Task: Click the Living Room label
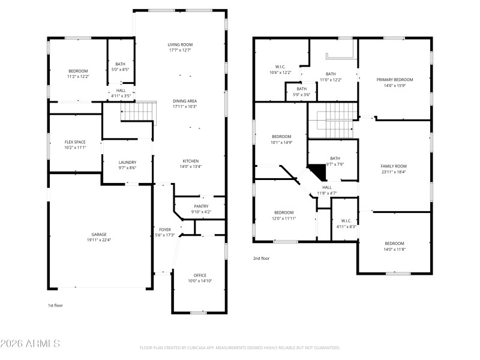(179, 44)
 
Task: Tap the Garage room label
(99, 235)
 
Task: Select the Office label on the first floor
(200, 275)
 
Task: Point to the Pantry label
(201, 206)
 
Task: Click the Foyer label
(164, 230)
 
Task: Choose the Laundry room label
(127, 162)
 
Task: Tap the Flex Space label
(76, 142)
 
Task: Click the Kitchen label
(191, 161)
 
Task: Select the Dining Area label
(185, 101)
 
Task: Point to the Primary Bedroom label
(395, 80)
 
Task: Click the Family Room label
(394, 166)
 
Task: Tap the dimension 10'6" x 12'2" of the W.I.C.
(280, 73)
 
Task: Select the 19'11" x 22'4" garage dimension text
(99, 240)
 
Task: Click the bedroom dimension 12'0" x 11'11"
(284, 218)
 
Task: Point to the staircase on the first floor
(135, 112)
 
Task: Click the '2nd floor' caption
(261, 259)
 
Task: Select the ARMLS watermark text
(30, 344)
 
